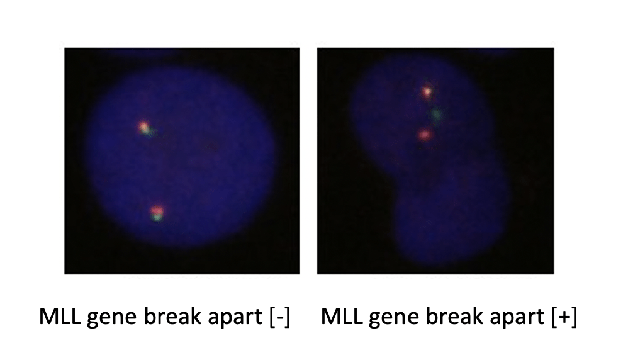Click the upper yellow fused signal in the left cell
pos(143,128)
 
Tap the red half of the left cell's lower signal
pos(157,210)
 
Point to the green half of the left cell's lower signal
pos(157,217)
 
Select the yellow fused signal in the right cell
pos(427,92)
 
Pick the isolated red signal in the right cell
pos(425,135)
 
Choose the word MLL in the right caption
pos(342,317)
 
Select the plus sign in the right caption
pos(564,317)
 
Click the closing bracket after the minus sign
pos(288,317)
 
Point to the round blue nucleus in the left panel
pos(180,158)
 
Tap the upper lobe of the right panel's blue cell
pos(420,116)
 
